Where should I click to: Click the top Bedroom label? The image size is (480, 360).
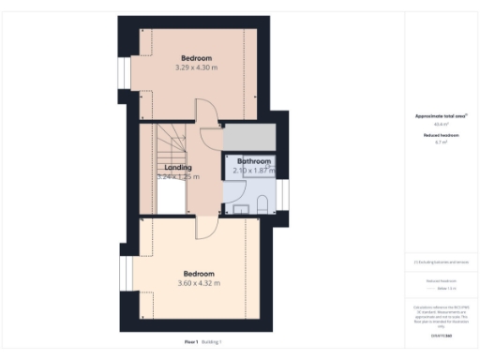(197, 57)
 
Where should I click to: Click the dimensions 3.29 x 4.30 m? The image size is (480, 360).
(197, 67)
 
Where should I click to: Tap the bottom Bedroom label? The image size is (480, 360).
(199, 274)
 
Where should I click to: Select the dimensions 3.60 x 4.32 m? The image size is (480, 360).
(199, 284)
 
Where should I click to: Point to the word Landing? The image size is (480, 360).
(178, 168)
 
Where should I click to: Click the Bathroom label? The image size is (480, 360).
(253, 161)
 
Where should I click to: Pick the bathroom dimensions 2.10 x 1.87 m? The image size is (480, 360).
(253, 171)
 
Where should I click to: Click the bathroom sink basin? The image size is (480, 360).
(240, 208)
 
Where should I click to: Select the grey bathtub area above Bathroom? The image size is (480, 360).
(249, 136)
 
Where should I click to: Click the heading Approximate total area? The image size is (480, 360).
(441, 116)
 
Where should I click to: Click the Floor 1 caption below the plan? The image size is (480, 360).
(191, 343)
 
